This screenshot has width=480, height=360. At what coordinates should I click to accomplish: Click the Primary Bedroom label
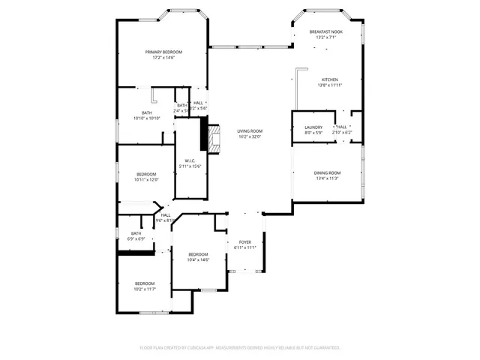click(163, 52)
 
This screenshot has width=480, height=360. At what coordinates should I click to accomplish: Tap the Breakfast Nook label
click(325, 31)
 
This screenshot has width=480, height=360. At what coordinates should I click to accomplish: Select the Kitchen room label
click(330, 79)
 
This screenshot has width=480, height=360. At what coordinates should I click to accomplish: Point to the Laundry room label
click(313, 127)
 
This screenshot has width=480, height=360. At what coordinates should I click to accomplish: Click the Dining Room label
click(327, 173)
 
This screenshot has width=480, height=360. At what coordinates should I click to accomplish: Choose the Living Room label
click(250, 131)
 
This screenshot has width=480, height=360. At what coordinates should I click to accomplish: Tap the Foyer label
click(245, 242)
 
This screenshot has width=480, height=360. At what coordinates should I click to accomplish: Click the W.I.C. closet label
click(190, 160)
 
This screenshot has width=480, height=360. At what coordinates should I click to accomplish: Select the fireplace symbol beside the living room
click(215, 139)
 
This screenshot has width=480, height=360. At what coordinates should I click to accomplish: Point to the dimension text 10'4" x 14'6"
click(198, 259)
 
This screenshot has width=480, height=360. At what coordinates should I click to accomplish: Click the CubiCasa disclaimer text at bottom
click(240, 348)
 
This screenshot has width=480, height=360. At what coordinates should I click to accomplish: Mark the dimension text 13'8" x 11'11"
click(330, 85)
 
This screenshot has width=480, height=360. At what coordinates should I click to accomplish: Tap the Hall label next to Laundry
click(342, 127)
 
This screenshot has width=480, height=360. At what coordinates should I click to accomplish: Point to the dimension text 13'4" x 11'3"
click(327, 178)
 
